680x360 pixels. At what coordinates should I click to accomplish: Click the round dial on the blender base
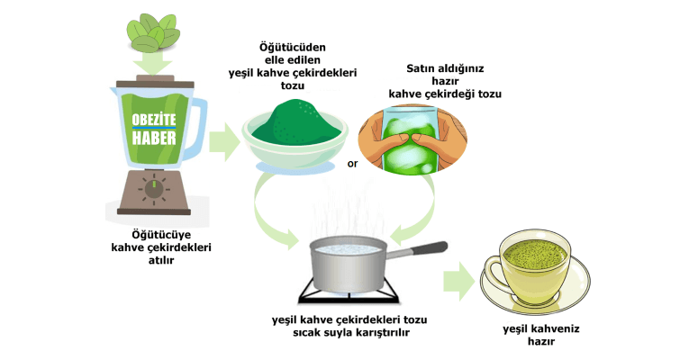point(154,189)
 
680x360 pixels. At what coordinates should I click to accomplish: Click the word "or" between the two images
point(352,164)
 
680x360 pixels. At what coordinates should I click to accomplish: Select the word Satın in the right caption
point(409,68)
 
